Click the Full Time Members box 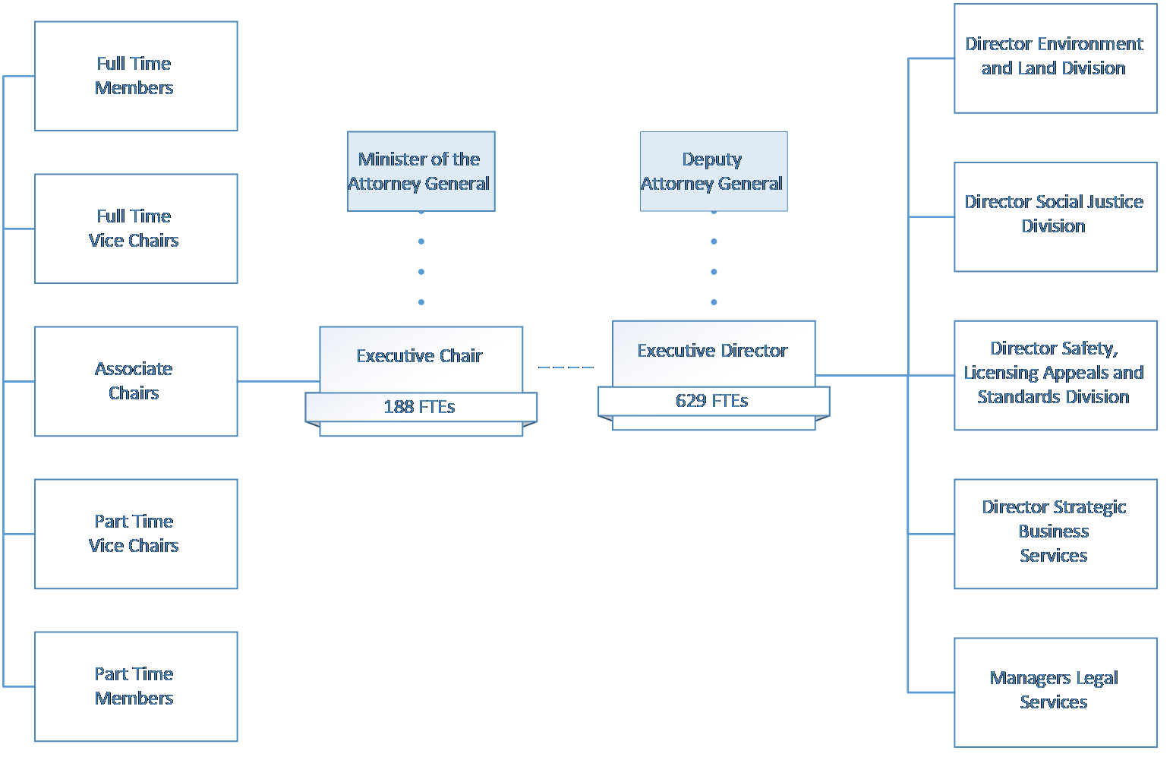pos(136,76)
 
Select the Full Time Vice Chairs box pos(136,229)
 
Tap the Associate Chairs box pos(136,381)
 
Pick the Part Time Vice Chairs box pos(136,534)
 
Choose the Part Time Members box pos(136,686)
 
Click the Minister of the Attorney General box pos(421,172)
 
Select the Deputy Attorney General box pos(713,172)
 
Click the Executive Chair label pos(420,355)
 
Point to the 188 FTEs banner pos(420,407)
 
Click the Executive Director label pos(712,350)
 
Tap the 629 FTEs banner pos(712,401)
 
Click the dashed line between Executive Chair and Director pos(566,367)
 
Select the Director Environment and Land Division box pos(1055,58)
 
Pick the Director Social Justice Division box pos(1055,216)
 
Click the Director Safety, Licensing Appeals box pos(1055,374)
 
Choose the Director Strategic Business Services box pos(1055,533)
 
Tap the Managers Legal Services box pos(1055,692)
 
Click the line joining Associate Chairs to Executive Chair pos(278,381)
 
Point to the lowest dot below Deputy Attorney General pos(714,302)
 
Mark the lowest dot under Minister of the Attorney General pos(421,302)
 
